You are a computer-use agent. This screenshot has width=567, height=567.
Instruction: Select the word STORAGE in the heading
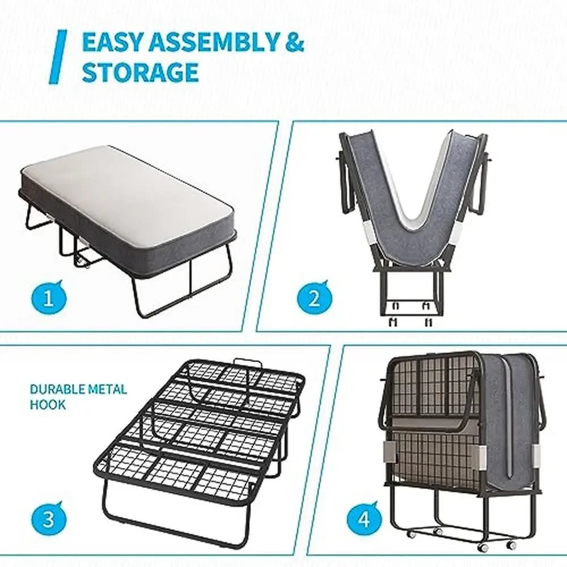[x=140, y=73]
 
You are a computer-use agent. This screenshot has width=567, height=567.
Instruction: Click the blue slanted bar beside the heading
[x=58, y=57]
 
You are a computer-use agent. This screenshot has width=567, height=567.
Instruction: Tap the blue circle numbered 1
[x=48, y=298]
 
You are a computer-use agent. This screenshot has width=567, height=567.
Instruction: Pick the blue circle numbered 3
[x=48, y=519]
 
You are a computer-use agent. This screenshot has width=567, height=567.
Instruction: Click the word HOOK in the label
[x=48, y=405]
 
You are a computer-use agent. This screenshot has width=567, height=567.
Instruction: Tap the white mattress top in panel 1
[x=128, y=193]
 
